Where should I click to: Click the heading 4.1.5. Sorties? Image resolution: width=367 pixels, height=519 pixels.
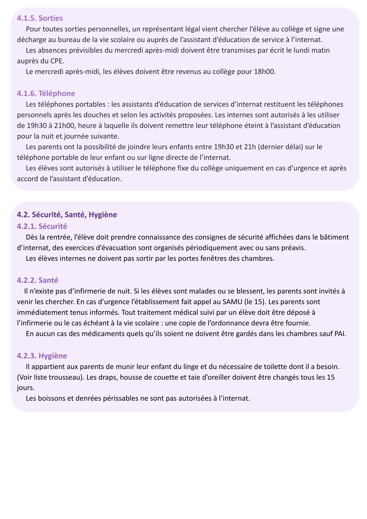tap(40, 18)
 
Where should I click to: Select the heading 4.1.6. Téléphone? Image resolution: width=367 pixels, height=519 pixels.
tap(46, 93)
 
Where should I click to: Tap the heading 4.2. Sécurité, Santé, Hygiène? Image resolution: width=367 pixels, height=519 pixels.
tap(67, 215)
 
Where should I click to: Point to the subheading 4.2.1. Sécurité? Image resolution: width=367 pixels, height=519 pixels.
tap(42, 226)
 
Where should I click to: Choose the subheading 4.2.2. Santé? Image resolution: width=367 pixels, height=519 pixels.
tap(37, 280)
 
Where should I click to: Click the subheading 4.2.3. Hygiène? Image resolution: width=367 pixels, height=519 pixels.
tap(42, 356)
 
